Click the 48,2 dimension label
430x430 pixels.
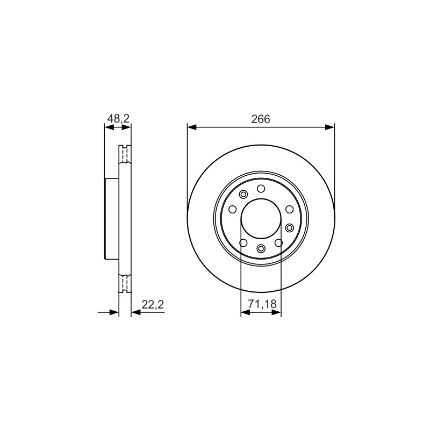[x=118, y=119]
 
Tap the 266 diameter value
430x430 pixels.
[x=261, y=119]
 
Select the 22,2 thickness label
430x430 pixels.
[x=153, y=304]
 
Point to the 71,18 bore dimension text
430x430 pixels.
[x=262, y=304]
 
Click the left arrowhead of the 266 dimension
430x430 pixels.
[x=192, y=127]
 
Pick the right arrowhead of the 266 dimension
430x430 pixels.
[x=330, y=127]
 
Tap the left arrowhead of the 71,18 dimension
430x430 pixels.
[x=246, y=312]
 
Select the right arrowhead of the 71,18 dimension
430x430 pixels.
[x=276, y=312]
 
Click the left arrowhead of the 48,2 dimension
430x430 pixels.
[x=110, y=127]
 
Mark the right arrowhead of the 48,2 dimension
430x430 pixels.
[x=126, y=127]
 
